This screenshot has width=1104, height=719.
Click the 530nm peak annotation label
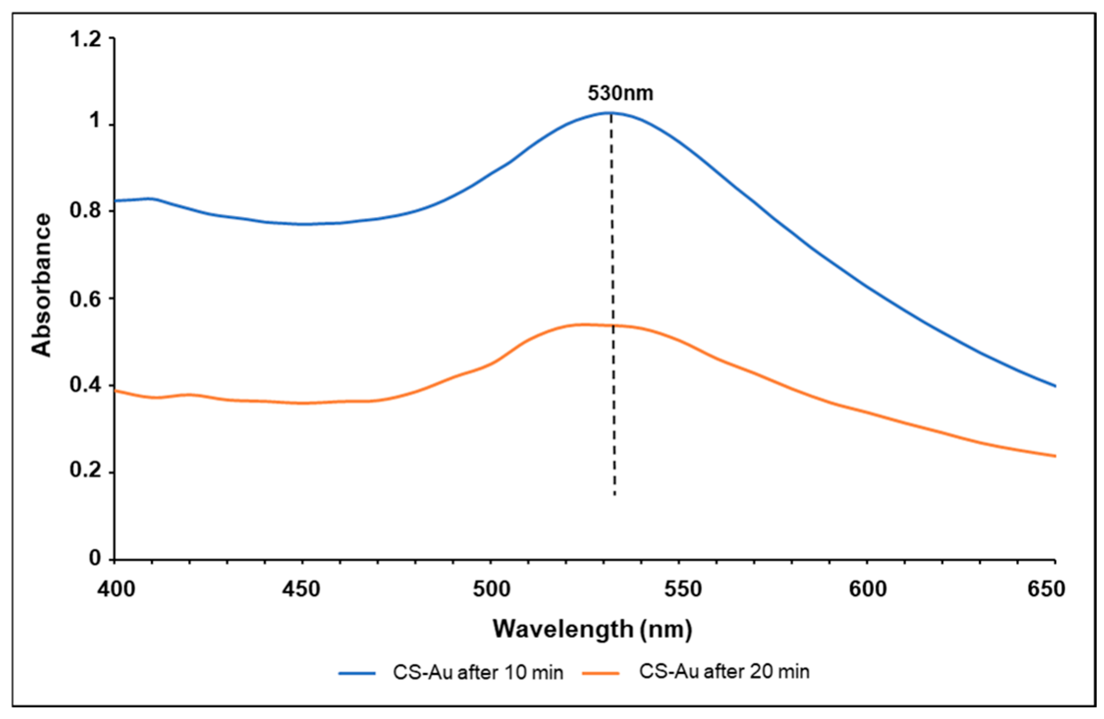(620, 93)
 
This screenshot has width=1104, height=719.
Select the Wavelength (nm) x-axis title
(592, 629)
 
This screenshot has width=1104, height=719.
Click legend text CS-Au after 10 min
(477, 672)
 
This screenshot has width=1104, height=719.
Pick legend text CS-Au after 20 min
(724, 671)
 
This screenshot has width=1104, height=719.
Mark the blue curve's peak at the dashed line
(611, 113)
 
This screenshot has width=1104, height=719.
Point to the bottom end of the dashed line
(614, 495)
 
